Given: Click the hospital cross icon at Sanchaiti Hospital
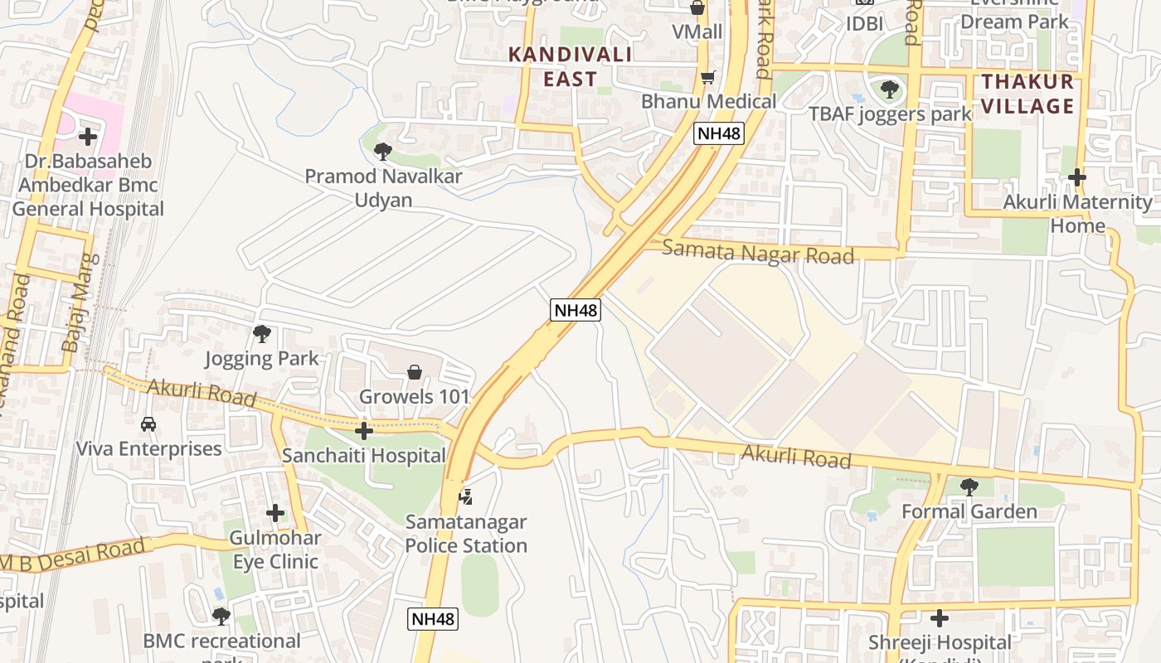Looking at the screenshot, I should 363,430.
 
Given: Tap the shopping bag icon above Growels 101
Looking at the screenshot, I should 414,372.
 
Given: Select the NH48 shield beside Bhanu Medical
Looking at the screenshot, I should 718,133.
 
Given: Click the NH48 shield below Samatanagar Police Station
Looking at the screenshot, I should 433,618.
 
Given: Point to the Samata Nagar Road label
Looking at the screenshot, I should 758,252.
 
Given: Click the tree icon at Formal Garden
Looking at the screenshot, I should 969,486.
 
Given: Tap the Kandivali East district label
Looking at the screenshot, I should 570,67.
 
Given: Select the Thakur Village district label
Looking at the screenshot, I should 1028,94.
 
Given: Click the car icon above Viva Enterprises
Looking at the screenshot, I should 148,423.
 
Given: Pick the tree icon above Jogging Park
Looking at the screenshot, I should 262,334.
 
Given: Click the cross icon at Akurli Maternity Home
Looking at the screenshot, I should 1076,177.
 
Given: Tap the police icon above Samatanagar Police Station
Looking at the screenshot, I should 466,496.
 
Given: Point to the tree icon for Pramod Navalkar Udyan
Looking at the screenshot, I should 382,151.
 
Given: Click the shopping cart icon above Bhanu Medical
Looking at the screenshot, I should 707,77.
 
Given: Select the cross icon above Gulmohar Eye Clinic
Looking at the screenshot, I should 274,513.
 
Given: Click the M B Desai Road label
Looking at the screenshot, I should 75,555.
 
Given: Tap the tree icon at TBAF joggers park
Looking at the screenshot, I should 889,89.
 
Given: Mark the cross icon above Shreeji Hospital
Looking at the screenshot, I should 939,617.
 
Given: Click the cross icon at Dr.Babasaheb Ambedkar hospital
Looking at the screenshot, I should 87,136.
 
